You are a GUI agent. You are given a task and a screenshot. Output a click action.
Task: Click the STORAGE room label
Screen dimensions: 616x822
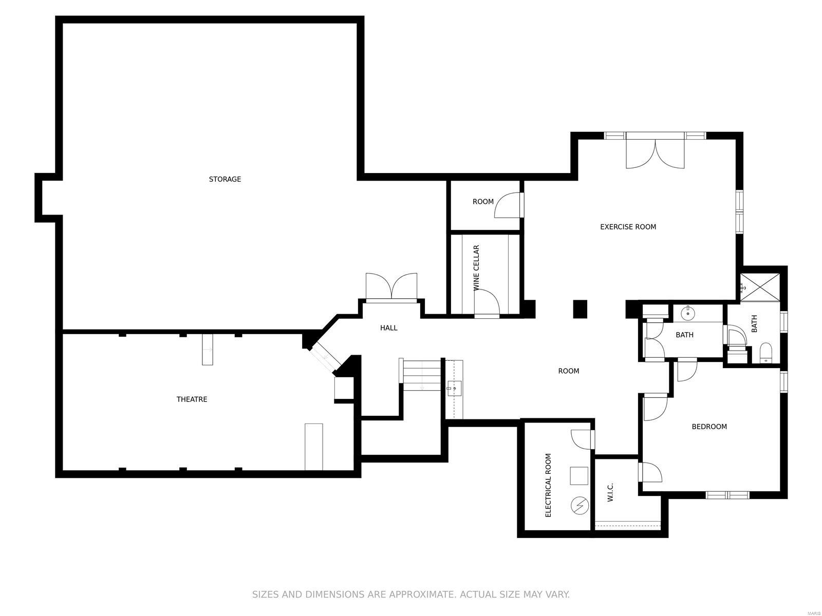point(225,179)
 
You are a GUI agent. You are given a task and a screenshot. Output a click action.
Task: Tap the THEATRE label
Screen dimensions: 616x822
point(192,399)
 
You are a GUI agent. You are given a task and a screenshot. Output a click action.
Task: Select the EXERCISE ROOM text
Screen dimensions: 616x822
point(628,227)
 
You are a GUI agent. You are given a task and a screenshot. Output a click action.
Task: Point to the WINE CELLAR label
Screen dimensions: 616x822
point(476,268)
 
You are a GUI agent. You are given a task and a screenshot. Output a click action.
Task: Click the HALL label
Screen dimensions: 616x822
point(388,328)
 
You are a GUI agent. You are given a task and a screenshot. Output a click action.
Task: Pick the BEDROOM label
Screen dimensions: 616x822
point(709,427)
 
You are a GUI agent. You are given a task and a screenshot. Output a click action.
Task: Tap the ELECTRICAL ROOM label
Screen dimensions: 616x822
point(548,485)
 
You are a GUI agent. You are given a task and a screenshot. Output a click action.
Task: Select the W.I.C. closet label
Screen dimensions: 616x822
point(610,492)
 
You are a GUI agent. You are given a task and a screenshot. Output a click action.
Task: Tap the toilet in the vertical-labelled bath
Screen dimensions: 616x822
point(765,353)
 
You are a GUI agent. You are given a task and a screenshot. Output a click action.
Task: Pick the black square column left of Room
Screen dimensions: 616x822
point(580,309)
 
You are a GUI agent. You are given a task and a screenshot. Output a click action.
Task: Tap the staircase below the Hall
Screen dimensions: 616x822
point(421,375)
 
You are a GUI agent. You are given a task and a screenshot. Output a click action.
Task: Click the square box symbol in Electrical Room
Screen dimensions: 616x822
point(579,475)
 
